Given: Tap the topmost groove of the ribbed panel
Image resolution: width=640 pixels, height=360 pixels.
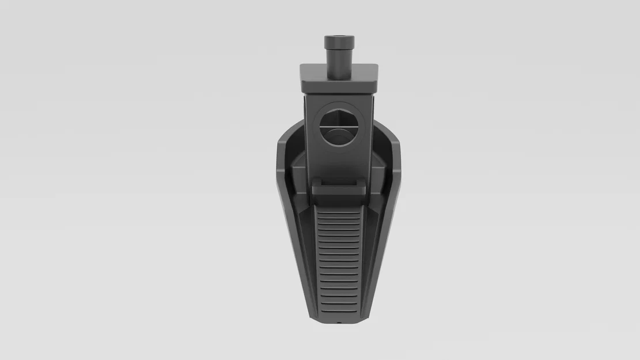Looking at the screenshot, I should (x=339, y=211).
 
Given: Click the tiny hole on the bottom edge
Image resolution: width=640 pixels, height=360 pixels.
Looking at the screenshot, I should (x=339, y=323).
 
